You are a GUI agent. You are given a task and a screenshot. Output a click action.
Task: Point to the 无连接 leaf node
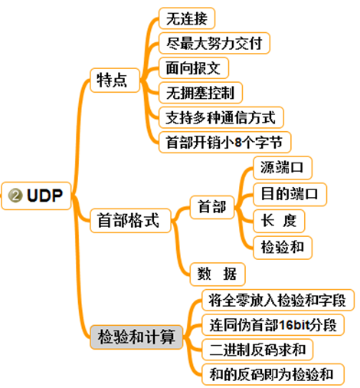tap(186, 18)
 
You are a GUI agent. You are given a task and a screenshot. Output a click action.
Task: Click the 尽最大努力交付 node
tap(214, 43)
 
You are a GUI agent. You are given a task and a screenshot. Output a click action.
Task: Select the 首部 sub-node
tap(212, 207)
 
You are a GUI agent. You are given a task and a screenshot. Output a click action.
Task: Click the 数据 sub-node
tap(217, 273)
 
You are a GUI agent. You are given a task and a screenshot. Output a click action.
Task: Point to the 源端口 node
tap(282, 167)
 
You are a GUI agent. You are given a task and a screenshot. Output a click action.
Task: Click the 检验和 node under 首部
tap(282, 246)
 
